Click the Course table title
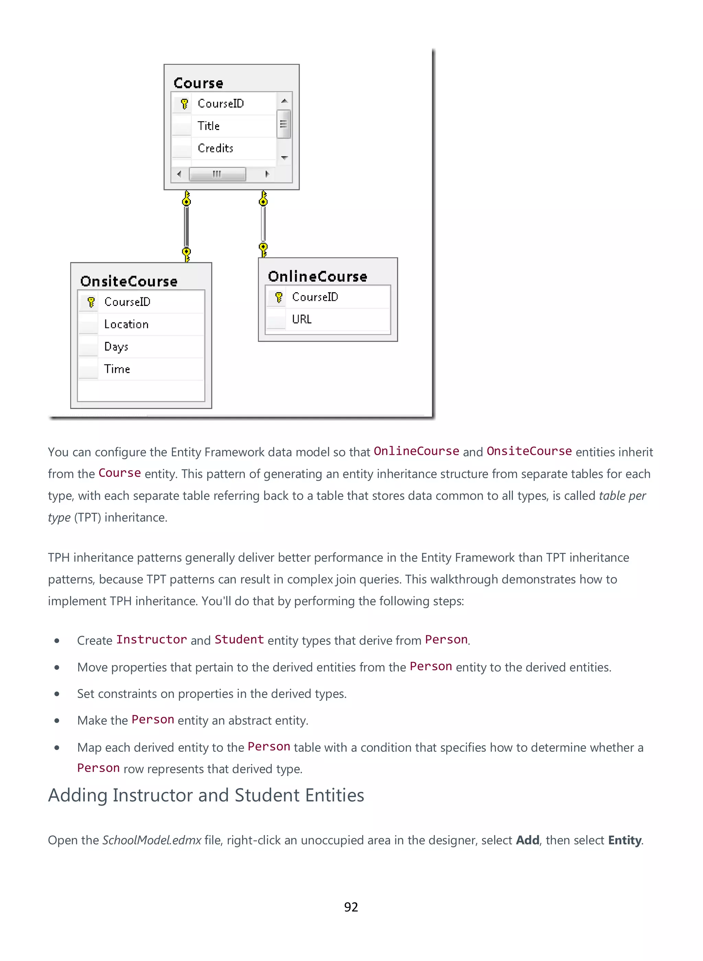(198, 83)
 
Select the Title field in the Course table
(208, 126)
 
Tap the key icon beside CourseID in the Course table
(184, 103)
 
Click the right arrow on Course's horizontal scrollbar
(267, 174)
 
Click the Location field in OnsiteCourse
(126, 324)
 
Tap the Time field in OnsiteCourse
(117, 369)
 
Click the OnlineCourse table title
(318, 276)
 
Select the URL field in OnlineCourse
(302, 319)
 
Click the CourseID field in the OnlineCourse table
(315, 297)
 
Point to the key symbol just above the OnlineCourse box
(263, 249)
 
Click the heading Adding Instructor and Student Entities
(206, 795)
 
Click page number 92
(351, 907)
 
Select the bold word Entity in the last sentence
(624, 840)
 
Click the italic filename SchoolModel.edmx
(151, 840)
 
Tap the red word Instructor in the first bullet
(151, 640)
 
